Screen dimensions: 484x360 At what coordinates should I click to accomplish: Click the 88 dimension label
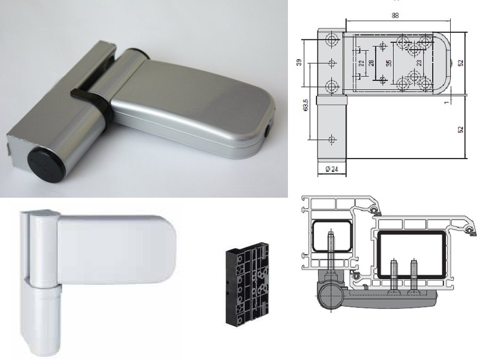[x=395, y=16]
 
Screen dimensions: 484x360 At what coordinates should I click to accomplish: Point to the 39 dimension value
[x=298, y=62]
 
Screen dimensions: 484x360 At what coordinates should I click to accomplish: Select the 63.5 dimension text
[x=306, y=105]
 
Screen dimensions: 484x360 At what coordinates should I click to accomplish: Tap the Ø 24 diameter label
[x=332, y=169]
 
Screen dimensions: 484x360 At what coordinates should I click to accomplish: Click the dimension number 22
[x=362, y=63]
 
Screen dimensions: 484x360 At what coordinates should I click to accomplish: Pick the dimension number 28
[x=371, y=62]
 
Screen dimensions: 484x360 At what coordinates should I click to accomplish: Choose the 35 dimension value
[x=389, y=63]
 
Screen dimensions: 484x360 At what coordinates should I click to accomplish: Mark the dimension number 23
[x=419, y=63]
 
